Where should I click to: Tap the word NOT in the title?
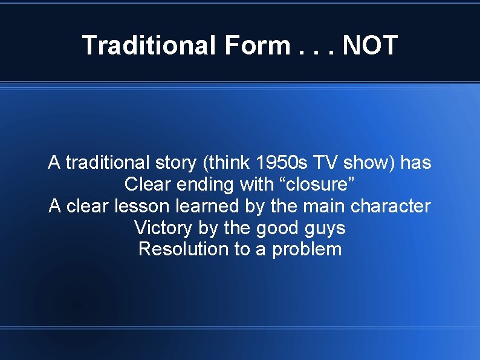coord(370,45)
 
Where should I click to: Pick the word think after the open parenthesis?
coord(230,163)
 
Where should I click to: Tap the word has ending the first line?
coord(416,163)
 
